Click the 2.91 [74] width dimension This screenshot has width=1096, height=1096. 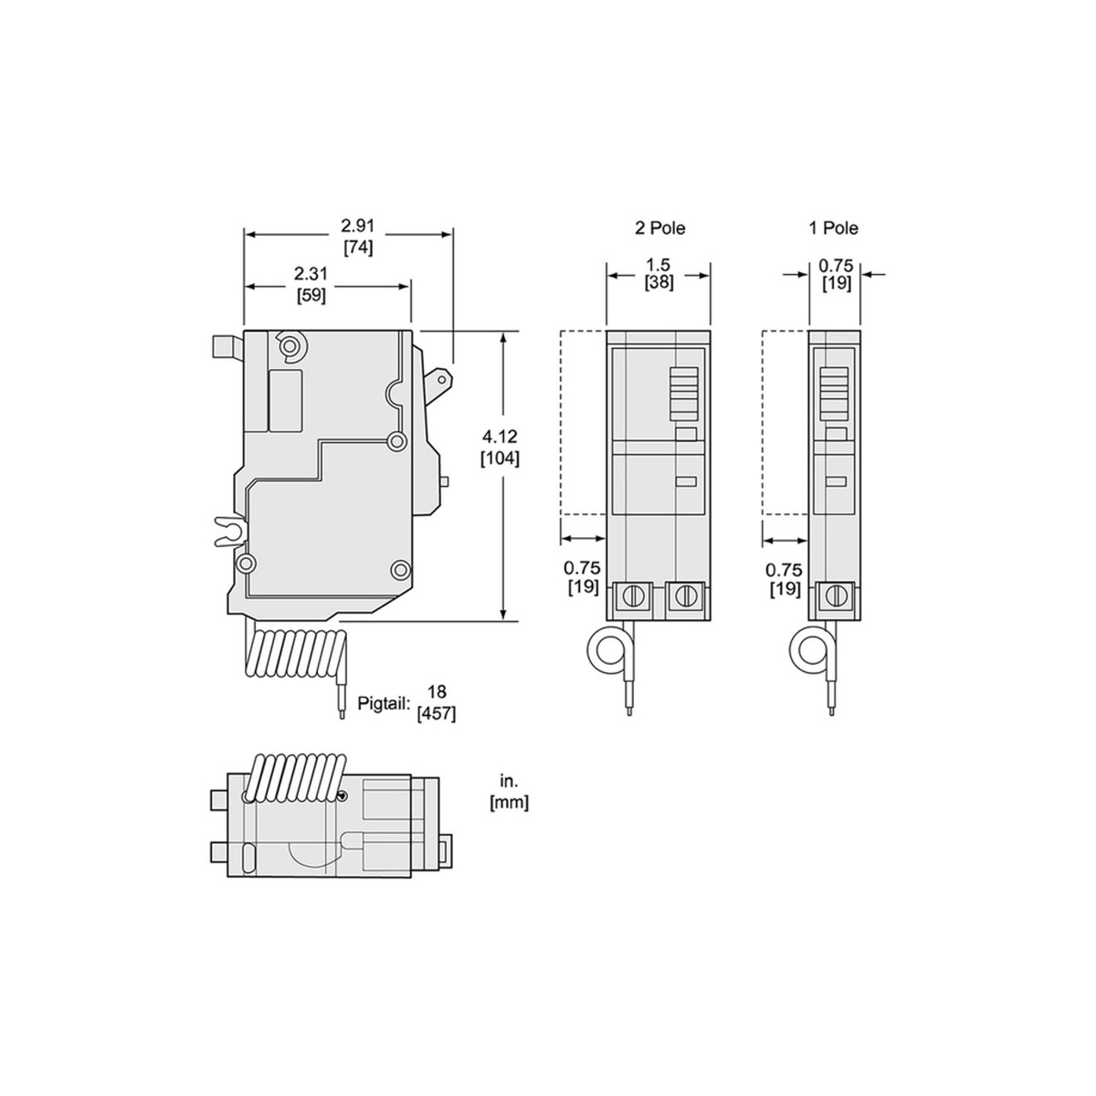(x=358, y=237)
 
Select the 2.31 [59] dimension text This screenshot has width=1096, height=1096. (x=311, y=285)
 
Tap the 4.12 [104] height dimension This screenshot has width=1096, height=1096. (x=500, y=447)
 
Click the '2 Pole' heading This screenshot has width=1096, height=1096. (x=659, y=228)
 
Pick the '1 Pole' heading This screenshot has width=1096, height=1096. (x=833, y=228)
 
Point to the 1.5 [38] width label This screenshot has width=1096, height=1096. (x=659, y=274)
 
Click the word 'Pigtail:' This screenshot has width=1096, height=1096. (x=384, y=703)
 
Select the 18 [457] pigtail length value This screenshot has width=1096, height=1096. (x=437, y=703)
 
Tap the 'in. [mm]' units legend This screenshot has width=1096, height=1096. (x=509, y=793)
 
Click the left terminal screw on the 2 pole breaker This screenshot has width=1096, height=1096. (x=632, y=596)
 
